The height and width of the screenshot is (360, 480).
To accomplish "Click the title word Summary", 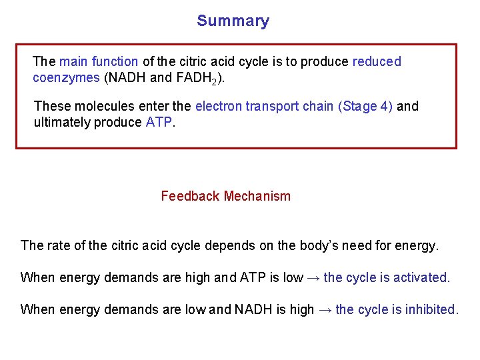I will pos(233,21).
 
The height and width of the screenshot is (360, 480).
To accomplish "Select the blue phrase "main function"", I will pos(99,62).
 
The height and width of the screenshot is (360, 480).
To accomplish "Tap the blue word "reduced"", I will pos(377,62).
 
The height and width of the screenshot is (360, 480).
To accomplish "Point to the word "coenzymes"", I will pos(66,77).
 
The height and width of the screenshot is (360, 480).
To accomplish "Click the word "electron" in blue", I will pos(217,106).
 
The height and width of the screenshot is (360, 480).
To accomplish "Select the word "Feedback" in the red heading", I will pos(190,196).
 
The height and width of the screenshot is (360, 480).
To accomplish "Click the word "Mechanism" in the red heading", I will pos(257,196).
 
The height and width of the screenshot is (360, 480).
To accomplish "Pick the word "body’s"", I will pos(300,245).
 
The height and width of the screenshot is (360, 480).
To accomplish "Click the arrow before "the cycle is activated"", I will pos(313,277).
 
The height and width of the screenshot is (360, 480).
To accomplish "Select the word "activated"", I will pos(422,277).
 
